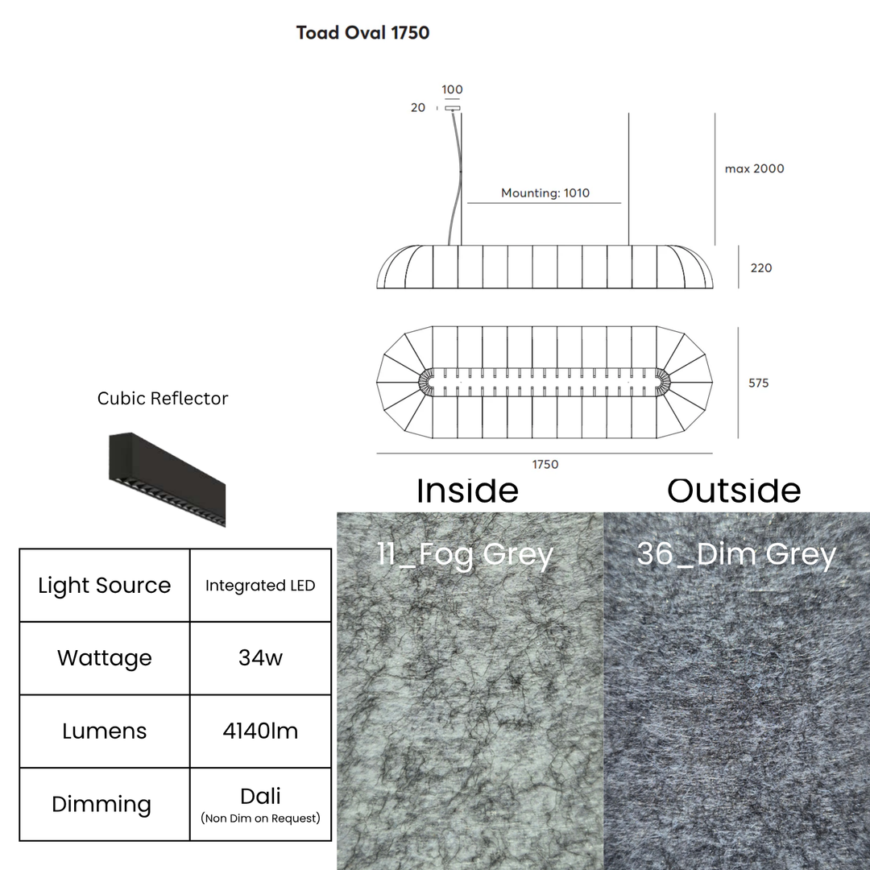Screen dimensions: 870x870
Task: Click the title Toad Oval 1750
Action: [x=362, y=33]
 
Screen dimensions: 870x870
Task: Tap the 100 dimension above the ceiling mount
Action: [x=452, y=89]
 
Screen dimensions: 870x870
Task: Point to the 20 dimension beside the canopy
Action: [x=418, y=108]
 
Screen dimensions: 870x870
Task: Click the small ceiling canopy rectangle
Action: [x=452, y=108]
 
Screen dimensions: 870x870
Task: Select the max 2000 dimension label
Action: [x=755, y=168]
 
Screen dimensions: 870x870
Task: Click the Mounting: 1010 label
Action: [x=545, y=193]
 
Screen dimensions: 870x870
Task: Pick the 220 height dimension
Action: [x=761, y=268]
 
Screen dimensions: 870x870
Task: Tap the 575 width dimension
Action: [x=759, y=383]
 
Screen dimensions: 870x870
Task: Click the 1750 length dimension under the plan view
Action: [x=545, y=465]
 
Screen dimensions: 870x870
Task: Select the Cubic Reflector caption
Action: [x=163, y=399]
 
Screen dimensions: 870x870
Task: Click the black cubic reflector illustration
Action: [x=167, y=479]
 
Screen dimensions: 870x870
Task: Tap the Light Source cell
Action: [x=104, y=586]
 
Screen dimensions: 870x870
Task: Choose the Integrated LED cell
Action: [x=260, y=586]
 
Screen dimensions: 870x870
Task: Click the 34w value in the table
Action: [x=260, y=658]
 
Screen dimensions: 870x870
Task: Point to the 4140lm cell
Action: [x=260, y=731]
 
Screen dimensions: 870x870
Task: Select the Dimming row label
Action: [x=101, y=804]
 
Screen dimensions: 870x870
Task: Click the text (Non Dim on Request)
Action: [x=260, y=818]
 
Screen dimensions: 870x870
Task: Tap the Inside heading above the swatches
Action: [x=468, y=491]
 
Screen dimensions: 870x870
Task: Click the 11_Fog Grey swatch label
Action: [x=465, y=553]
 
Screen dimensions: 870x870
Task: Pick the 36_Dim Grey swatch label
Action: [x=736, y=553]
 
